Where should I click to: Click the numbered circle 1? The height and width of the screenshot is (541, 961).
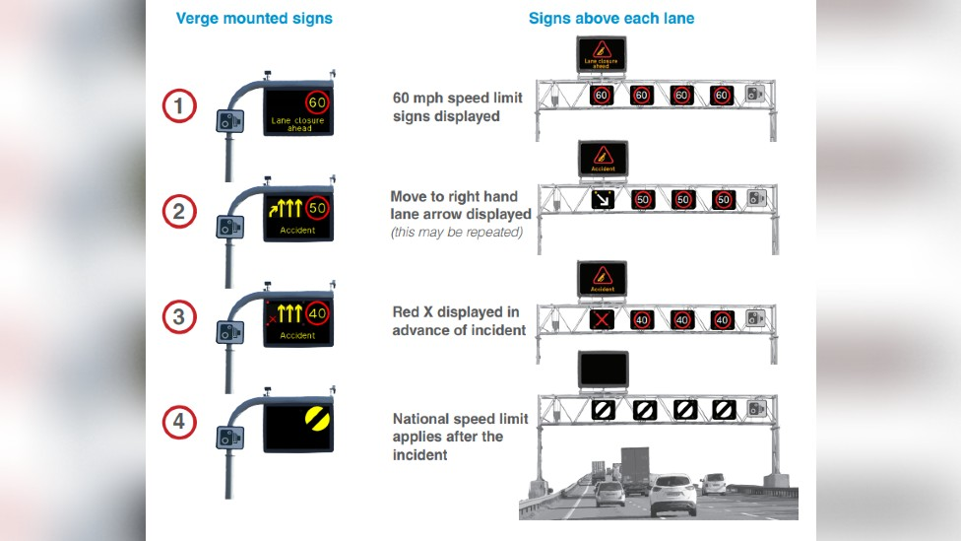[x=180, y=105]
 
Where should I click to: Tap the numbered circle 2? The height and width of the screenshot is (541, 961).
[x=180, y=212]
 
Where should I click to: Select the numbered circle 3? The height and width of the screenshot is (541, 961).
[x=180, y=317]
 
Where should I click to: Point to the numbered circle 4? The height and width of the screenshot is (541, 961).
[x=180, y=421]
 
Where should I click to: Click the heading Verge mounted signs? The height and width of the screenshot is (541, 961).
[x=254, y=19]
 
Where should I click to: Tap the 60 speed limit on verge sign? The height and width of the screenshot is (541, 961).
[x=317, y=101]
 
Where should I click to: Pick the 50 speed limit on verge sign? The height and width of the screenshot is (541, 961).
[x=317, y=208]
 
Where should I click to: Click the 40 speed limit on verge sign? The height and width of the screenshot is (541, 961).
[x=317, y=314]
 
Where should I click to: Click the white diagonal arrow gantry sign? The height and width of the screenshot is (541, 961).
[x=602, y=200]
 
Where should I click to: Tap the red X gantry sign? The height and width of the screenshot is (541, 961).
[x=601, y=319]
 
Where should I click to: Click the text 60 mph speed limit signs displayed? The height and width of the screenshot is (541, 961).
[x=447, y=106]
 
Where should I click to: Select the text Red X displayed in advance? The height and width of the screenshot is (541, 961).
[x=459, y=320]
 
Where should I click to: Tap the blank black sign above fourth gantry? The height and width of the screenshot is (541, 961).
[x=603, y=370]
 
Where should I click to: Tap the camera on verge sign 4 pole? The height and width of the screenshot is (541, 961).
[x=229, y=437]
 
